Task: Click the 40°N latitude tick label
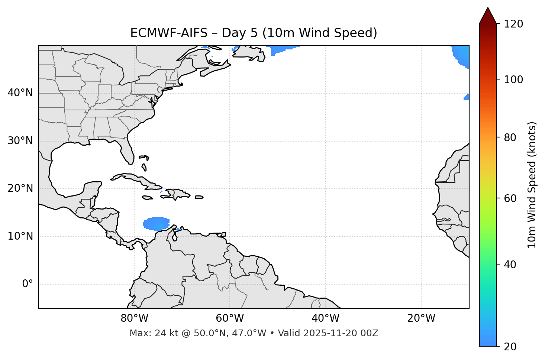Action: [20, 93]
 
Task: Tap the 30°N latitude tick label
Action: [20, 141]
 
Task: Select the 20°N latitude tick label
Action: [20, 188]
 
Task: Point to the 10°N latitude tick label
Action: [20, 236]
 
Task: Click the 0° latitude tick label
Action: [28, 284]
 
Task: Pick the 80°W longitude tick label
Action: [134, 318]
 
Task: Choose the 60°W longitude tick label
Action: [230, 318]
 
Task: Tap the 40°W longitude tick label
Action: [325, 318]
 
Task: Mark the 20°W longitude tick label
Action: [421, 318]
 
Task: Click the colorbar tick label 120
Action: [514, 24]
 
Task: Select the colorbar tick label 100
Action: [514, 80]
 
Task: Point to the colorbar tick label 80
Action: [511, 137]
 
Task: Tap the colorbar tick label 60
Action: [511, 198]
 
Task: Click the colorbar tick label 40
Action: [511, 265]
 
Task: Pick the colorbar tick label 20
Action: [511, 347]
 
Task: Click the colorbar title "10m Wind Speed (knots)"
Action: [532, 185]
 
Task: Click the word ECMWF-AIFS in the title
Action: [168, 33]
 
